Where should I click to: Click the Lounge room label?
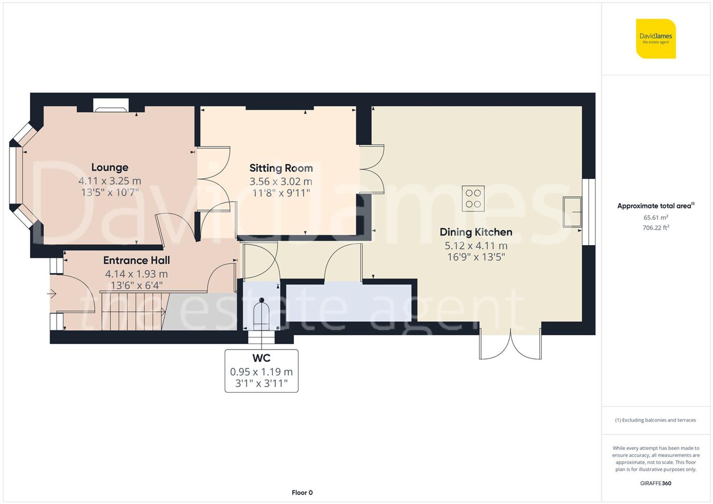[x=109, y=167]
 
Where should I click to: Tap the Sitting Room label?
[x=281, y=168]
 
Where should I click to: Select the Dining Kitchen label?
[x=476, y=232]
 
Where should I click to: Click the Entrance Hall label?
[x=137, y=260]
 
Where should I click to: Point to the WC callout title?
[x=261, y=358]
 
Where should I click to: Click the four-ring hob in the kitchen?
[x=473, y=198]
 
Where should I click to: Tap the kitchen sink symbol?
[x=572, y=212]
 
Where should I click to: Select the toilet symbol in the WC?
[x=261, y=313]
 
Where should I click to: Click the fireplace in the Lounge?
[x=111, y=105]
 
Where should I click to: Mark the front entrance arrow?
[x=52, y=294]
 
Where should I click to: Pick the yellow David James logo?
[x=656, y=38]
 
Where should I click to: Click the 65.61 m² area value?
[x=656, y=217]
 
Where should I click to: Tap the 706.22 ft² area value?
[x=656, y=228]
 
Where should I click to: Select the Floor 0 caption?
[x=302, y=493]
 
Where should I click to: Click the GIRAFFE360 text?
[x=656, y=483]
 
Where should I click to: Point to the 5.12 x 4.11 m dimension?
[x=476, y=245]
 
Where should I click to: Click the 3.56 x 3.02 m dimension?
[x=281, y=181]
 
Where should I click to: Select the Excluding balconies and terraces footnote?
[x=655, y=420]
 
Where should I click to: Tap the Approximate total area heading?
[x=655, y=206]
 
